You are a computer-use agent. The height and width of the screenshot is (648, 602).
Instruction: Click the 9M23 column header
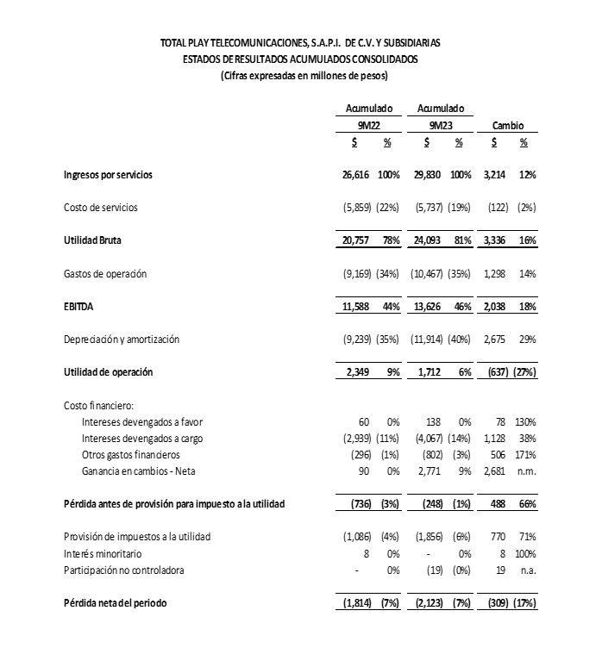point(441,125)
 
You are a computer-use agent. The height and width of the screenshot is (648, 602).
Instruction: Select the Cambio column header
point(509,125)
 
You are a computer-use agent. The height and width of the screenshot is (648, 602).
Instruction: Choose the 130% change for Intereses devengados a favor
point(524,422)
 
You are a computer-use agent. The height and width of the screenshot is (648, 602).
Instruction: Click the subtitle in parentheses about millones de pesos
point(304,76)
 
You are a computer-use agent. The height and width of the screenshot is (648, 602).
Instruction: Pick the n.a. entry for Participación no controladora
point(525,570)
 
